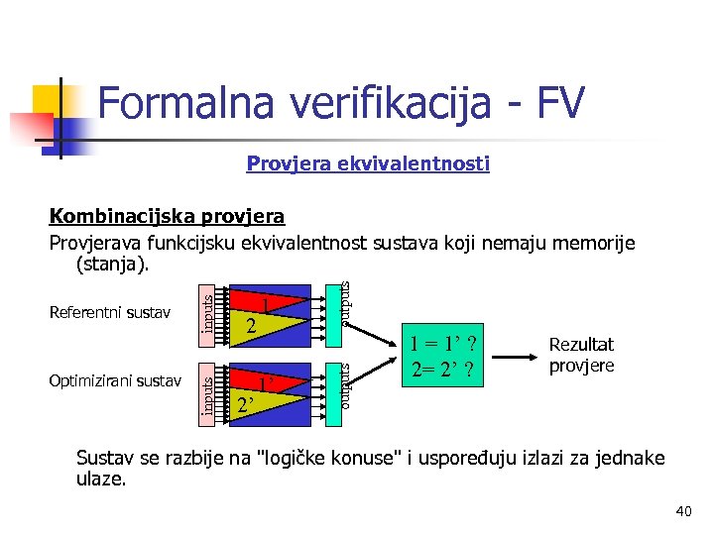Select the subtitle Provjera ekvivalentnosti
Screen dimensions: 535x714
tap(367, 163)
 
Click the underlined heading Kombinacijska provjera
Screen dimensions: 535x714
tap(167, 216)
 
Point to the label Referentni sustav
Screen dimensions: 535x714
tap(109, 314)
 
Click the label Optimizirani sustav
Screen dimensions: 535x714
tap(115, 380)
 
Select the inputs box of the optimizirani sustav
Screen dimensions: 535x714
tap(206, 390)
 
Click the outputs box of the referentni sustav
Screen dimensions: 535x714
tap(343, 305)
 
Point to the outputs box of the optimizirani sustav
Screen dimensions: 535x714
tap(343, 386)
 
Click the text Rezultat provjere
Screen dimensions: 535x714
tap(581, 355)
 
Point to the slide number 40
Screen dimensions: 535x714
tap(682, 511)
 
